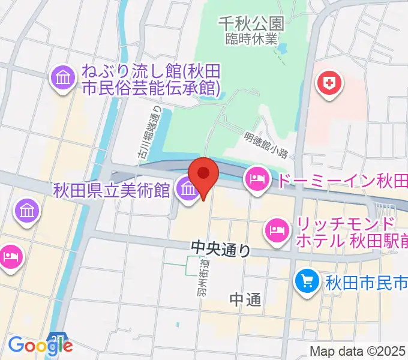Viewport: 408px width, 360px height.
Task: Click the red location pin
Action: [204, 175]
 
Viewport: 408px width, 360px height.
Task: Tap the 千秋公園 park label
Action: [250, 24]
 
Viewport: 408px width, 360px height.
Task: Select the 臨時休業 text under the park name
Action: [250, 39]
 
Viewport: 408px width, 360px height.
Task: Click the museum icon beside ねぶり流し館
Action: [63, 79]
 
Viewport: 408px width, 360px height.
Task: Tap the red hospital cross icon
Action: [329, 82]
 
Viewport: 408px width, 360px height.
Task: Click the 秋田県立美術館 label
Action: [112, 191]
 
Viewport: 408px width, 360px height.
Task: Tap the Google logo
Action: [40, 345]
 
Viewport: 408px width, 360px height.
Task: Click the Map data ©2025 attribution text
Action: [357, 352]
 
